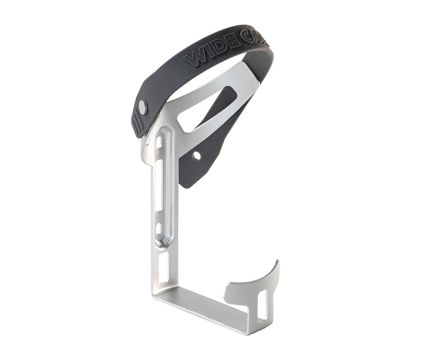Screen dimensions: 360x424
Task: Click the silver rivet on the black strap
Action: pyautogui.click(x=142, y=107)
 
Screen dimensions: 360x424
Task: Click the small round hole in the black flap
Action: pyautogui.click(x=196, y=156)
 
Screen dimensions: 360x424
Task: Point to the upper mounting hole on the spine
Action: pyautogui.click(x=159, y=142)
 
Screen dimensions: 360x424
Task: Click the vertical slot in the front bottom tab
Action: pyautogui.click(x=262, y=304)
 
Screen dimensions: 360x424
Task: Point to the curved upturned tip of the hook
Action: pyautogui.click(x=276, y=265)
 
